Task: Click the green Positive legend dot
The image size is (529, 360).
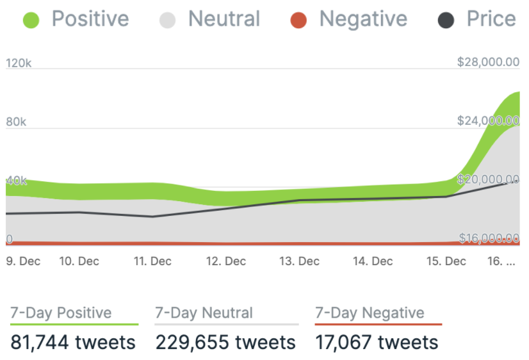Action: pyautogui.click(x=31, y=20)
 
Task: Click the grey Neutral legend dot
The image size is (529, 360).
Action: pyautogui.click(x=167, y=20)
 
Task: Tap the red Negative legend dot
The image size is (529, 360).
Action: pyautogui.click(x=298, y=20)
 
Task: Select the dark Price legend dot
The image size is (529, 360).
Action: pyautogui.click(x=446, y=20)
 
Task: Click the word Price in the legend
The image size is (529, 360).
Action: pyautogui.click(x=491, y=19)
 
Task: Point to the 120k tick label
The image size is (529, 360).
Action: pyautogui.click(x=19, y=63)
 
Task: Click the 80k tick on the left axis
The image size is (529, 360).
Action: pyautogui.click(x=15, y=122)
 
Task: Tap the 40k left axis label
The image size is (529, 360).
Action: pyautogui.click(x=16, y=181)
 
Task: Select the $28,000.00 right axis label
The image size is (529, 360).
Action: pyautogui.click(x=488, y=61)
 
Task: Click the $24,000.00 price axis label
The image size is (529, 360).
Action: pyautogui.click(x=488, y=120)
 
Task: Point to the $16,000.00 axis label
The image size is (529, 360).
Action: pyautogui.click(x=488, y=238)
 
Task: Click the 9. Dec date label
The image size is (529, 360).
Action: pyautogui.click(x=23, y=261)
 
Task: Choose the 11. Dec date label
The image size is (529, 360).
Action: pyautogui.click(x=152, y=261)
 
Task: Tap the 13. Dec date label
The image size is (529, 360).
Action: pyautogui.click(x=300, y=261)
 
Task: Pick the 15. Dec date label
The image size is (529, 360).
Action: pyautogui.click(x=446, y=261)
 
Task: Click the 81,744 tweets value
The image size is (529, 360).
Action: pyautogui.click(x=73, y=342)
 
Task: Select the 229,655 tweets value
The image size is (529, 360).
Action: pyautogui.click(x=226, y=342)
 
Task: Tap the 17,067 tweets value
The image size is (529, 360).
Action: pyautogui.click(x=377, y=342)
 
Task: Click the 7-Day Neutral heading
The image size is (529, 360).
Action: pyautogui.click(x=204, y=313)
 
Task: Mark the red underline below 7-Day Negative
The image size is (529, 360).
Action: pyautogui.click(x=378, y=325)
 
